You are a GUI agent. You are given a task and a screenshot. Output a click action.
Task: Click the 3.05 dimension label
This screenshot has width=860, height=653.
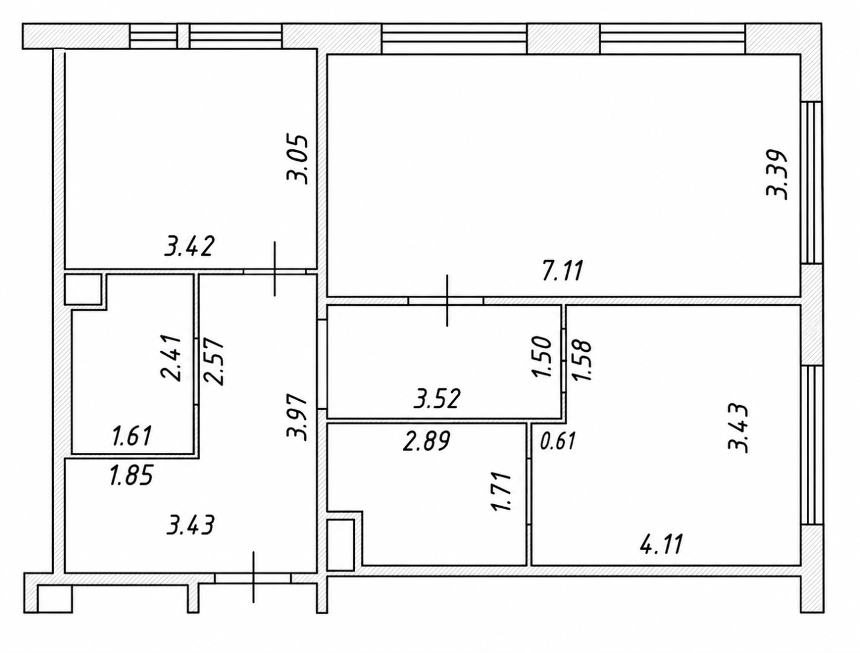pyautogui.click(x=298, y=159)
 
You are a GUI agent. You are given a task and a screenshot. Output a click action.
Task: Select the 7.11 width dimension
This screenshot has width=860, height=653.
pyautogui.click(x=562, y=270)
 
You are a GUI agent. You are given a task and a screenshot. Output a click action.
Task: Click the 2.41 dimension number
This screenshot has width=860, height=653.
pyautogui.click(x=171, y=358)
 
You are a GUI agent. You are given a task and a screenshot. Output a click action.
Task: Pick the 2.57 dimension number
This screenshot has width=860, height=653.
pyautogui.click(x=213, y=362)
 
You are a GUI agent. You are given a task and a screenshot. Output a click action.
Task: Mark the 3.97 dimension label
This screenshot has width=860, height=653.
pyautogui.click(x=296, y=418)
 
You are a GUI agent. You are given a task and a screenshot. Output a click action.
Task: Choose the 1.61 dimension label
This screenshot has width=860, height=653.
pyautogui.click(x=132, y=436)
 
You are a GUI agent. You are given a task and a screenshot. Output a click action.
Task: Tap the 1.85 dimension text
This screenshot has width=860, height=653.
pyautogui.click(x=131, y=475)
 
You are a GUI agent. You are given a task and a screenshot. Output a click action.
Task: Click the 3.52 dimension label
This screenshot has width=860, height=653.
pyautogui.click(x=437, y=399)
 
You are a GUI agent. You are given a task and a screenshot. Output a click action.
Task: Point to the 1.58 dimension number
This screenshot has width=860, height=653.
pyautogui.click(x=581, y=360)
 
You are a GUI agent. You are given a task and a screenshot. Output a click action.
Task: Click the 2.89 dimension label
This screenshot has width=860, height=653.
pyautogui.click(x=426, y=441)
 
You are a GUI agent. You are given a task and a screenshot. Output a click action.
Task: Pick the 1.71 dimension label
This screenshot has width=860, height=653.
pyautogui.click(x=501, y=492)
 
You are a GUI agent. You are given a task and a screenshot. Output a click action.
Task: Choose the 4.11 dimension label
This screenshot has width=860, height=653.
pyautogui.click(x=662, y=544)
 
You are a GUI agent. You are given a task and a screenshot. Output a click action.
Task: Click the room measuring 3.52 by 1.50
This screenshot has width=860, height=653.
pyautogui.click(x=445, y=362)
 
